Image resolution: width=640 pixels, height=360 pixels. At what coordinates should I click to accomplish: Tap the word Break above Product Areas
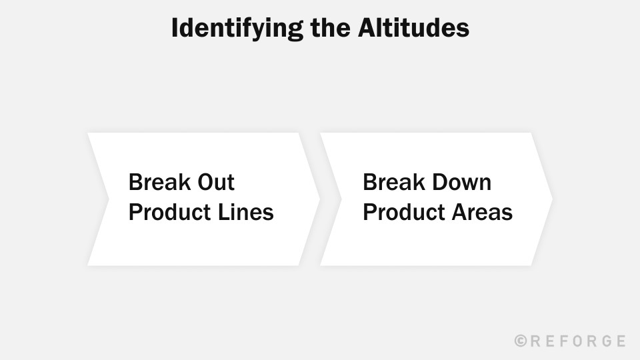(390, 182)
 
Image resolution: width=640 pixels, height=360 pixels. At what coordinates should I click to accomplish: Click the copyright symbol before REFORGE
(521, 341)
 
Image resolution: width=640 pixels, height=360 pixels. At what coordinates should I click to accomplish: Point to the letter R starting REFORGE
(536, 341)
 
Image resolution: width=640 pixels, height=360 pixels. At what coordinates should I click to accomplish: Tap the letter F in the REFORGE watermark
(567, 341)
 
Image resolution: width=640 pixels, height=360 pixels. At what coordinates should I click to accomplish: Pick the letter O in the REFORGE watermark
(582, 341)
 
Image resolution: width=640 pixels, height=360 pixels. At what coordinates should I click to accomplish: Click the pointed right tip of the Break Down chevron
(550, 199)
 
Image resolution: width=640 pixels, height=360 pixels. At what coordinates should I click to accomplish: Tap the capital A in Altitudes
(372, 29)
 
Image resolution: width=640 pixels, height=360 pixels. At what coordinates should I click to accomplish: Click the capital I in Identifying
(175, 29)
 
